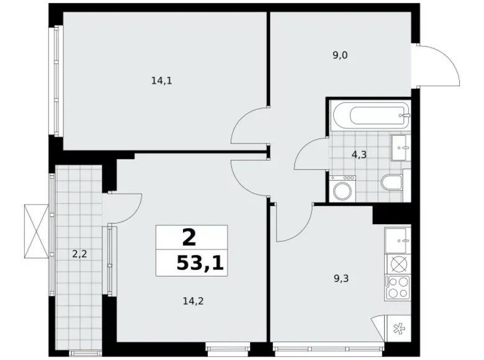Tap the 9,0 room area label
(x=339, y=55)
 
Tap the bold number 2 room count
(x=189, y=237)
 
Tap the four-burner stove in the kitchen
(x=398, y=286)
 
